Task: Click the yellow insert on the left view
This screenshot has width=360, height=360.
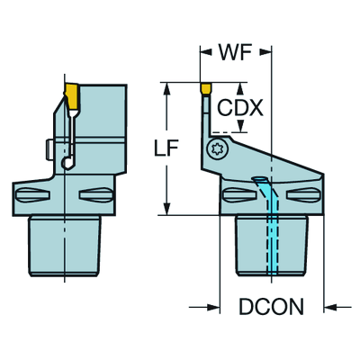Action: [x=71, y=93]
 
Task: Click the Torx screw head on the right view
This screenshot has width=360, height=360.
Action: [x=216, y=149]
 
